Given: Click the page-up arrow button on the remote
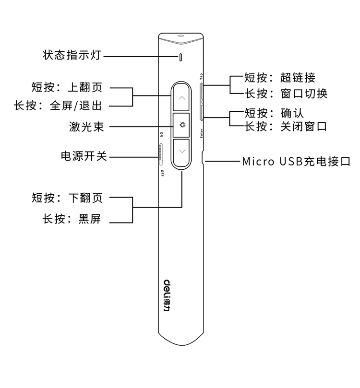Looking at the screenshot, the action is [181, 97].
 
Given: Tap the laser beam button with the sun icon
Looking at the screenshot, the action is [181, 125].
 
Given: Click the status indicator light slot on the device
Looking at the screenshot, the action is [181, 57].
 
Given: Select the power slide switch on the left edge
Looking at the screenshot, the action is [161, 154].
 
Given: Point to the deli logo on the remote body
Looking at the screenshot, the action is [167, 295].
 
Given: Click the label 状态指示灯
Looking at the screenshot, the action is [72, 55].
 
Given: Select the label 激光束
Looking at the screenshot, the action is [86, 127].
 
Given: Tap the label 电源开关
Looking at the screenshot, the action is [84, 156].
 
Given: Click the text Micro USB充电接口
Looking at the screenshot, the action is [296, 162].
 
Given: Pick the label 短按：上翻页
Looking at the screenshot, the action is [67, 87].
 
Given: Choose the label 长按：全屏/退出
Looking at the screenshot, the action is [58, 106].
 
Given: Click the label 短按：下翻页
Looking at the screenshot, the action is [67, 198].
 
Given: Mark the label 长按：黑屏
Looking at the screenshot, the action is [72, 219].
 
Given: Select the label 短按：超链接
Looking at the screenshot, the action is [280, 78].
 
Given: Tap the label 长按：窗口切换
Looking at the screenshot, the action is [286, 94].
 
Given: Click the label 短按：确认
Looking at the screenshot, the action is [274, 113].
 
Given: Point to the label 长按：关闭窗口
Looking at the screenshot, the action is [286, 127].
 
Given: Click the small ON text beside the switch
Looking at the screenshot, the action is [162, 134].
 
